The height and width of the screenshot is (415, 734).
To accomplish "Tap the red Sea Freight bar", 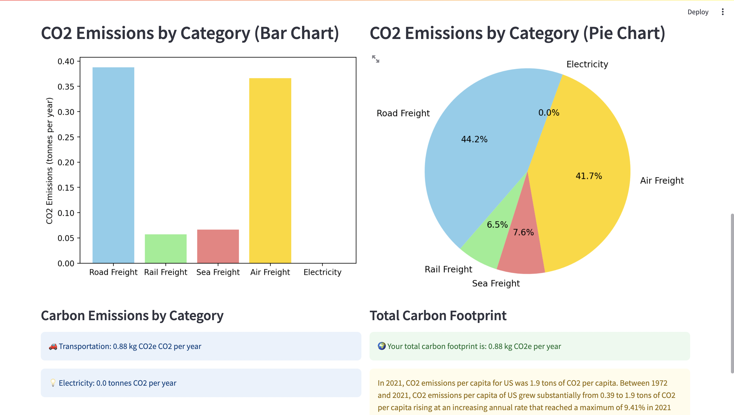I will point(218,246).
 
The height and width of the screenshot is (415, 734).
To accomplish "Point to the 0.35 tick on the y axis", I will point(66,87).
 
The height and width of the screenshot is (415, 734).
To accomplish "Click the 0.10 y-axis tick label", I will point(66,213).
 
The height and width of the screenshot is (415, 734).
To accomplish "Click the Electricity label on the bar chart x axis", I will point(322,272).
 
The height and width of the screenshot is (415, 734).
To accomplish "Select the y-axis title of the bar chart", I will point(49,161).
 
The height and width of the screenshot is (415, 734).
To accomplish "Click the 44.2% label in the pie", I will point(474,139).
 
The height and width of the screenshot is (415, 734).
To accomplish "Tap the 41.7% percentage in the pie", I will point(589,176).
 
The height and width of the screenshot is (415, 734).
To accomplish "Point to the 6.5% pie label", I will point(497,225).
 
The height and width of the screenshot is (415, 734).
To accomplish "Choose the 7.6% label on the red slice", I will point(523,232).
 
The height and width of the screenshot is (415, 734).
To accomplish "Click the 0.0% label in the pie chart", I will point(548,113).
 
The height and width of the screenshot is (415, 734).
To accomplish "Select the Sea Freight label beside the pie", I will point(496,283).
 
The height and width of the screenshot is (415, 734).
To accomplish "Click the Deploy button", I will point(698,12).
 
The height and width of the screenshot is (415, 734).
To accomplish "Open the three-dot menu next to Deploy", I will point(723,12).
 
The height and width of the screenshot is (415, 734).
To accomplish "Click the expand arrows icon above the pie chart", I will point(376,59).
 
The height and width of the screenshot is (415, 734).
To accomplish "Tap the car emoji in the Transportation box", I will point(53,346).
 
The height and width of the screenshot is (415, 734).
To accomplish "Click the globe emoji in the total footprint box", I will point(382,346).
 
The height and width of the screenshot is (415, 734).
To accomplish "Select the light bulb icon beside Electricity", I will point(53,383).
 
